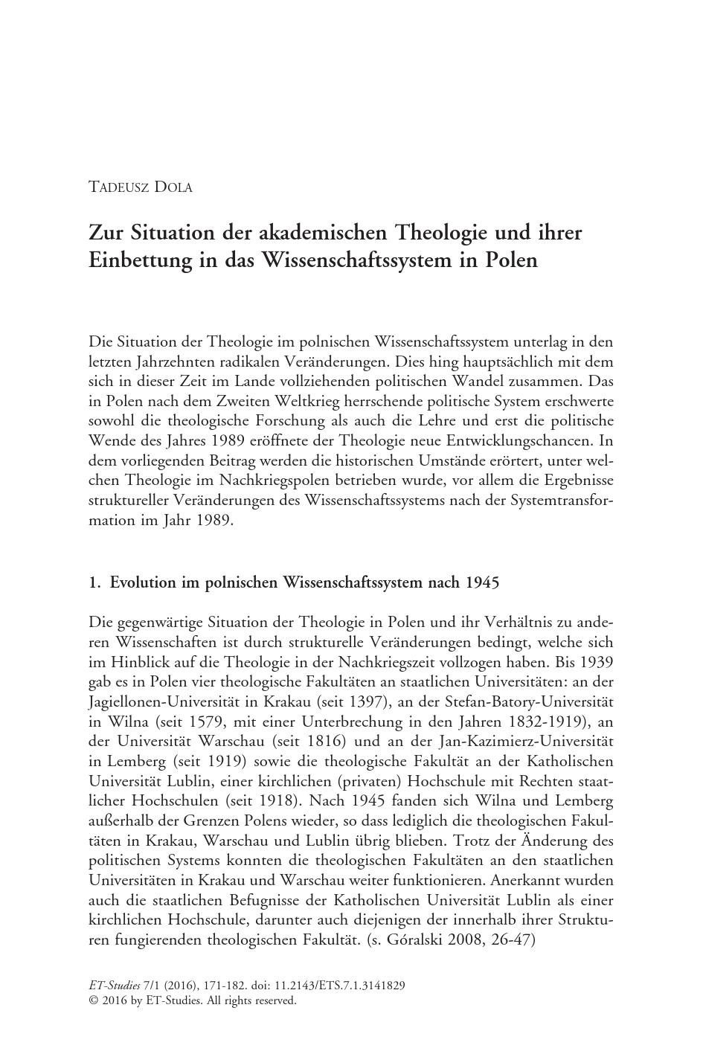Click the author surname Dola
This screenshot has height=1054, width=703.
pos(173,187)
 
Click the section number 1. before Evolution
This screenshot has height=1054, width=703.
pos(94,582)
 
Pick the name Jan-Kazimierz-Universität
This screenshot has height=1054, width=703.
pos(528,740)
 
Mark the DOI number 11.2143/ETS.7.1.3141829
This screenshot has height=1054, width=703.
pos(342,986)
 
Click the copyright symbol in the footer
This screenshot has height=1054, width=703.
pos(93,1000)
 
